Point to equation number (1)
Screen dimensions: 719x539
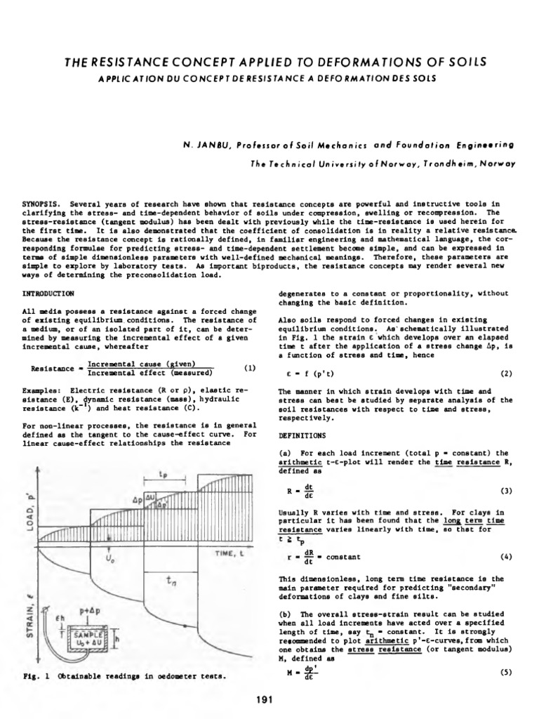tap(248, 367)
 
